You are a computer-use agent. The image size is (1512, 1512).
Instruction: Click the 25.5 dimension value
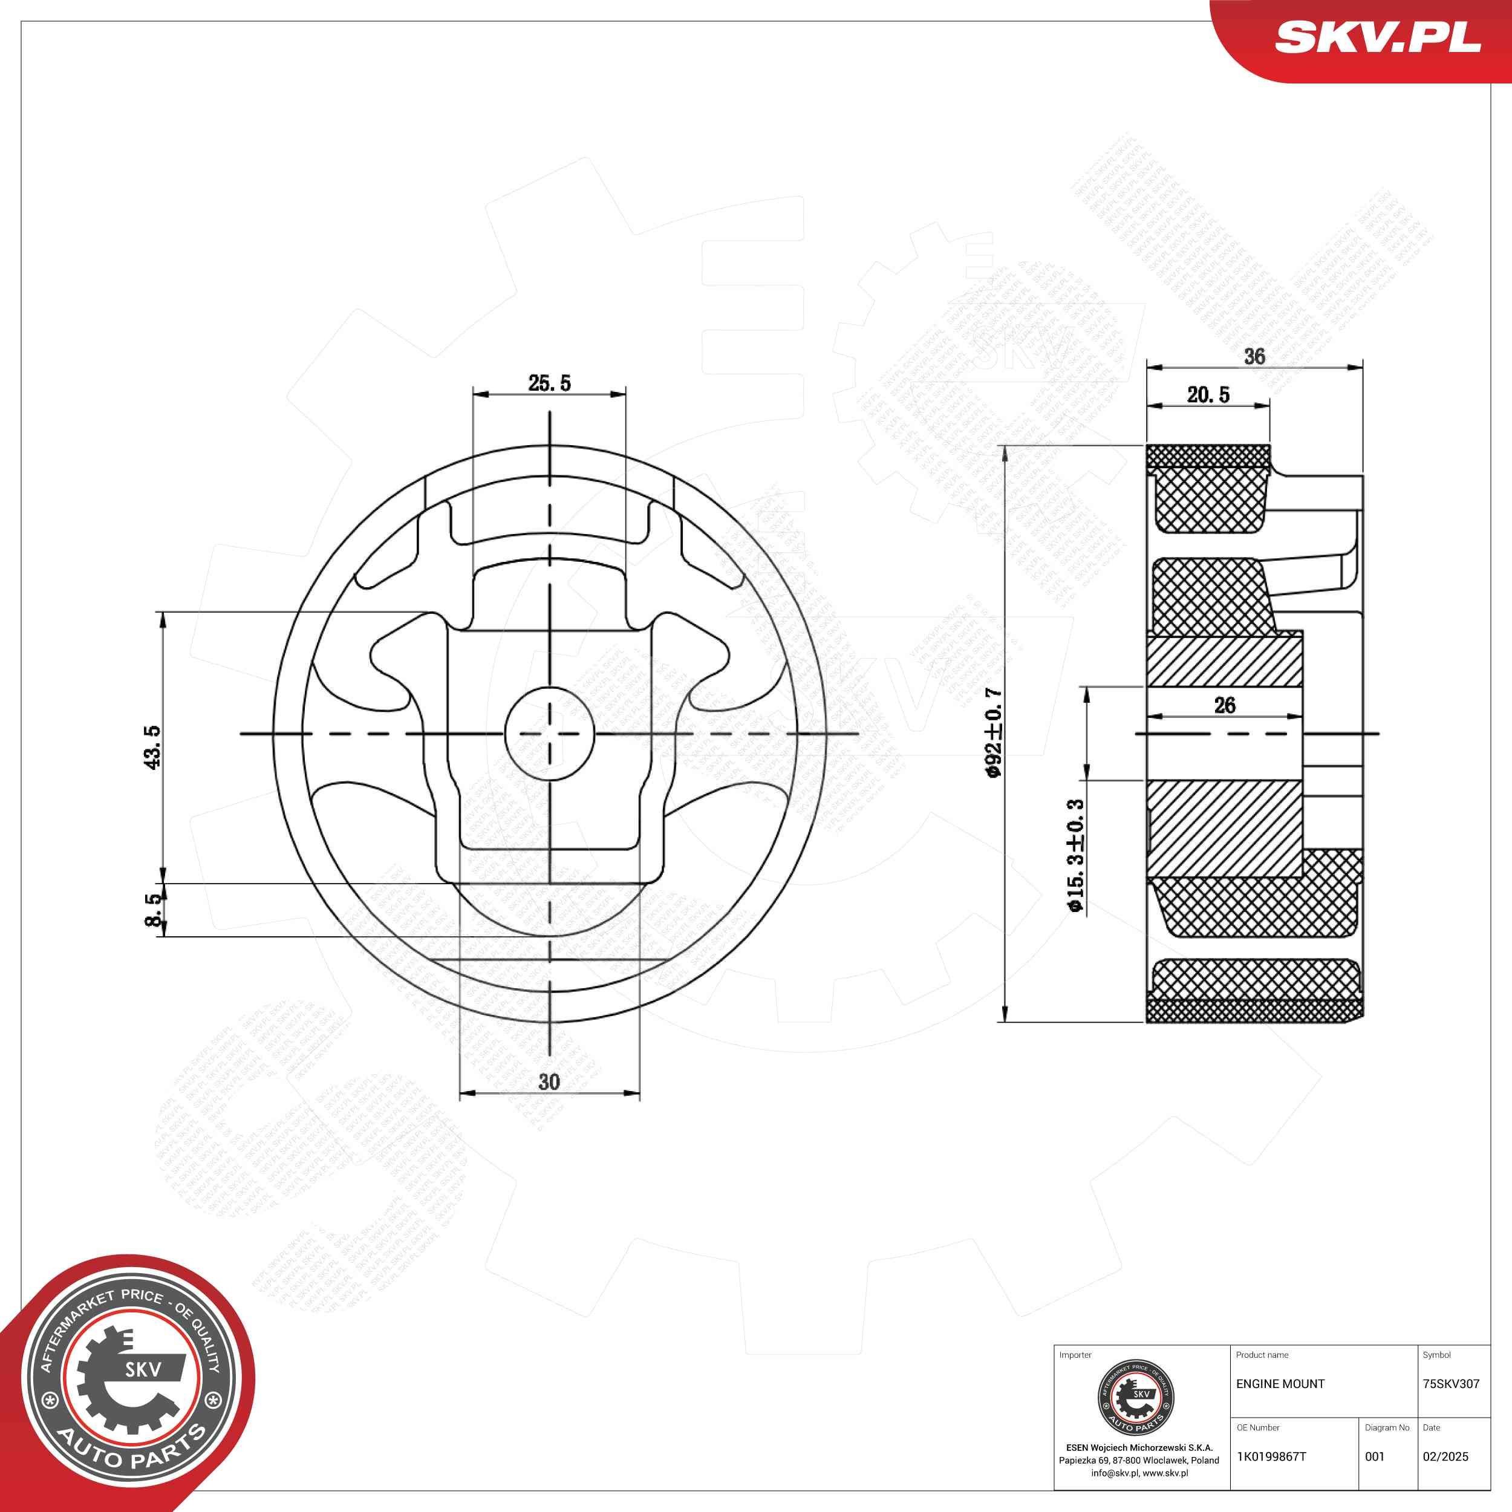(x=549, y=383)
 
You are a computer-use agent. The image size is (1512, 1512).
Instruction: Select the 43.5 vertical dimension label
(x=152, y=746)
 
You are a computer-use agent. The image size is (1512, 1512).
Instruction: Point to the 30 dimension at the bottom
(x=549, y=1081)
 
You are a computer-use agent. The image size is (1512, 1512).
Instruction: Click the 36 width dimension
(x=1254, y=356)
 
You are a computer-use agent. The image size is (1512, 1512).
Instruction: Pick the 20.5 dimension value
(x=1208, y=395)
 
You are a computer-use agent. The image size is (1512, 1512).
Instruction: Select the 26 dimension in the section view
(x=1225, y=705)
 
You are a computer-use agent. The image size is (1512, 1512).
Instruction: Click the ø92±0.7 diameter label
(x=993, y=733)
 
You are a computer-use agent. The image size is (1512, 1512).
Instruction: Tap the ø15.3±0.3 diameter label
(x=1075, y=855)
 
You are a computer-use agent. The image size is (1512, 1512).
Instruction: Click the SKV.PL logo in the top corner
(x=1377, y=37)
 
